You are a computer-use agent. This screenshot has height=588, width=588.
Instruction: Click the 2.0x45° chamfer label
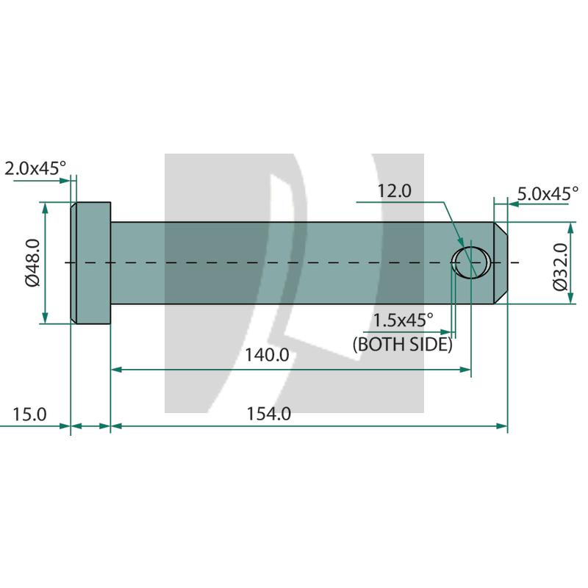click(35, 168)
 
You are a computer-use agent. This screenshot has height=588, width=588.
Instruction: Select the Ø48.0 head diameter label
click(32, 262)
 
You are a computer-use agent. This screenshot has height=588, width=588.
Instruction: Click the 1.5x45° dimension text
click(403, 320)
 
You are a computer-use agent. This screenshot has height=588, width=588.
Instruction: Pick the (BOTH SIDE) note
click(402, 343)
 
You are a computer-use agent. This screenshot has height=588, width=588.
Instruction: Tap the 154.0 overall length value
click(270, 414)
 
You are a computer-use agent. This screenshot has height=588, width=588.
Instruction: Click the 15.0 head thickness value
click(29, 414)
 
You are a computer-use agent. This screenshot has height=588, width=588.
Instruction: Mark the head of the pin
click(90, 262)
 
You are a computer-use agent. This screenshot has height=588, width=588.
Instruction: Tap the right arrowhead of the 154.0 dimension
click(503, 426)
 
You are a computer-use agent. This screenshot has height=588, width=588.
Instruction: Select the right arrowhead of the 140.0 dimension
click(465, 369)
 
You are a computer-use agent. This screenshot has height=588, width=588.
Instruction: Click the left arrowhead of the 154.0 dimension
click(115, 426)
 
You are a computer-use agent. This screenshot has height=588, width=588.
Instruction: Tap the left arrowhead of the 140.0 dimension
click(115, 369)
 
